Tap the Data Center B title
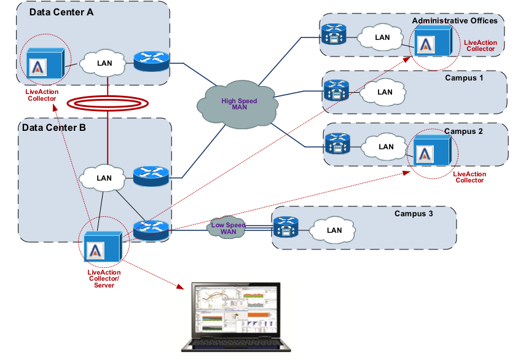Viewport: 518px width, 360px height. click(54, 128)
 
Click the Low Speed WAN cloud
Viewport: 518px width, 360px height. click(228, 227)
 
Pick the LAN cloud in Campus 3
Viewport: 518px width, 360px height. click(334, 230)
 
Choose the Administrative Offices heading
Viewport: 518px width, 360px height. click(455, 21)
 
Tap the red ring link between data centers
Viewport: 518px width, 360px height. click(108, 103)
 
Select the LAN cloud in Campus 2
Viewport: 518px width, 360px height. click(386, 147)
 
